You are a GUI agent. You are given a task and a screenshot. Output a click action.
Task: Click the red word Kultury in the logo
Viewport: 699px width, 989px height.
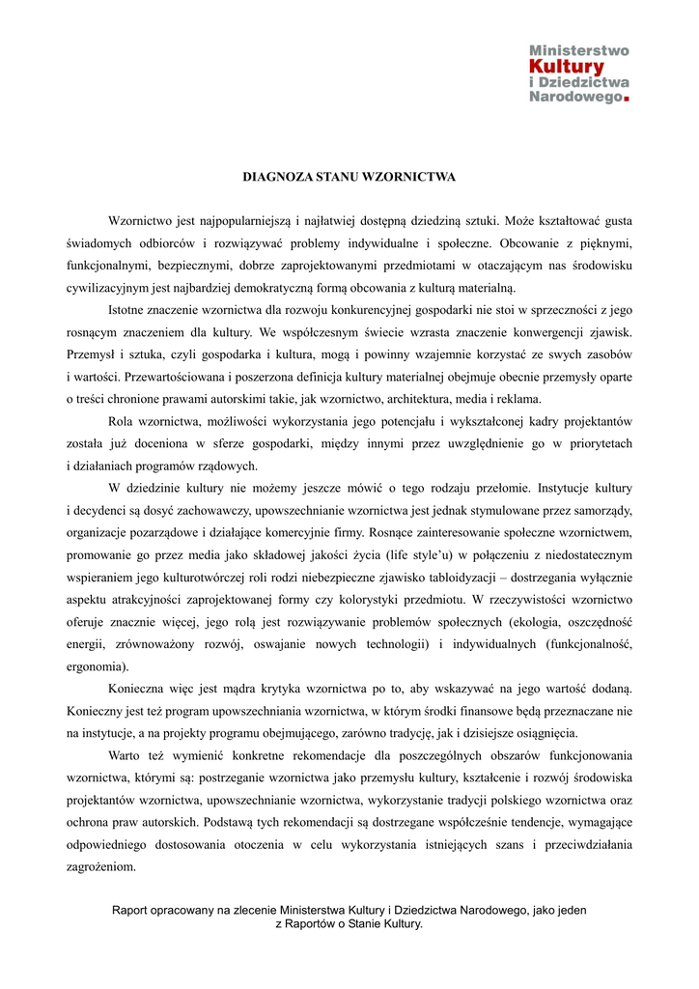click(x=567, y=66)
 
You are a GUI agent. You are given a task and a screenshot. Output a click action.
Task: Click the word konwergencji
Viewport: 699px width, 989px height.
click(x=543, y=333)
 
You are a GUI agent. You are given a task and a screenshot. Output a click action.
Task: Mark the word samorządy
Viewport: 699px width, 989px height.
click(x=598, y=509)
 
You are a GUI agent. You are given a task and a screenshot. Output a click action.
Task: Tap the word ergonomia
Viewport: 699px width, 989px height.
click(x=96, y=665)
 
